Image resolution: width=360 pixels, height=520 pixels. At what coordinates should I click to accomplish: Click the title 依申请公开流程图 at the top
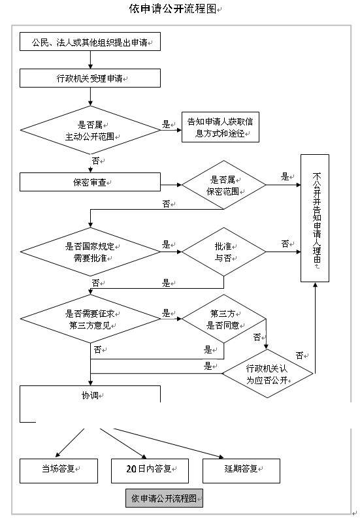click(172, 8)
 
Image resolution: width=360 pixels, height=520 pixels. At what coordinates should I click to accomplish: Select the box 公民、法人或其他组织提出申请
click(90, 41)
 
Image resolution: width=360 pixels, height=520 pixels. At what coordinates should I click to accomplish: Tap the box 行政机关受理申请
click(90, 78)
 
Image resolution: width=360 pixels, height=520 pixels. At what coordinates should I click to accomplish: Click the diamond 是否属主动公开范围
click(90, 130)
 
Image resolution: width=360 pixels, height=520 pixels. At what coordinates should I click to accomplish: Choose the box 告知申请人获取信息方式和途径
click(220, 127)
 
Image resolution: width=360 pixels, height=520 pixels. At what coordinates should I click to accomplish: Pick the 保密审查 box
click(90, 182)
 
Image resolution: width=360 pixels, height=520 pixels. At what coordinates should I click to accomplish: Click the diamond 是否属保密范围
click(223, 185)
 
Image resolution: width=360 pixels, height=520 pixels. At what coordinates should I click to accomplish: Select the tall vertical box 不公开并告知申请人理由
click(315, 218)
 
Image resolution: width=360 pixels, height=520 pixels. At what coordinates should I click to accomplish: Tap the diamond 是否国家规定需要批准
click(90, 252)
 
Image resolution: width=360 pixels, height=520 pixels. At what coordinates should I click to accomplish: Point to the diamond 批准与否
click(223, 252)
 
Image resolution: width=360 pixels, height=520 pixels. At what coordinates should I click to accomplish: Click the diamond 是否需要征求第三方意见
click(90, 319)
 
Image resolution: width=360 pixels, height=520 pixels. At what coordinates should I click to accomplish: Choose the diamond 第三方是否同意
click(223, 319)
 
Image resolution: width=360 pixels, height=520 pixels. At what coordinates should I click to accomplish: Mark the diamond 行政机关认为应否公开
click(267, 374)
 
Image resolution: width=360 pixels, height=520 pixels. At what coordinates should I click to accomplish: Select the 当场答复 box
click(59, 471)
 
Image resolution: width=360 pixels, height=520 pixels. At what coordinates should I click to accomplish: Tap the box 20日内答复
click(150, 471)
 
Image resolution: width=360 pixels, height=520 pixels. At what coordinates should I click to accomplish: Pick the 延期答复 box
click(241, 471)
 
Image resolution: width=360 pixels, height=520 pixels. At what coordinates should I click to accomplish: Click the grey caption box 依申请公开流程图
click(164, 498)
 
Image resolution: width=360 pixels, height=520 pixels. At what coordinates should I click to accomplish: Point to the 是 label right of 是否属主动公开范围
click(166, 125)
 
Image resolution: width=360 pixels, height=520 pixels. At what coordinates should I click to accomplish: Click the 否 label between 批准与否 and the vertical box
click(285, 244)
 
